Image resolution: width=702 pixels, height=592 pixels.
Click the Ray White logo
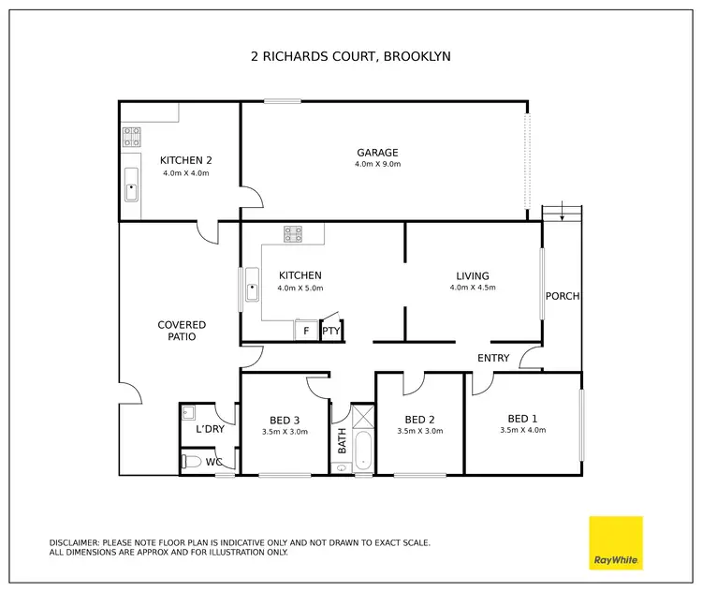616,542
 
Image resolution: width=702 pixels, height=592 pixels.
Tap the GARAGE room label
377,153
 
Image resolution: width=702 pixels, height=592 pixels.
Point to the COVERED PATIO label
182,331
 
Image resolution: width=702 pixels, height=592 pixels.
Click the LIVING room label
473,275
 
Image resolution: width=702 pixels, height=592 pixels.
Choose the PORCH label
563,296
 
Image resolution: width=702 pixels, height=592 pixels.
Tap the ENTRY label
493,358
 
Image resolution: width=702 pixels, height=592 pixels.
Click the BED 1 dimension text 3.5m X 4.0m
522,430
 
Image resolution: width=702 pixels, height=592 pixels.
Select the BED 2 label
419,419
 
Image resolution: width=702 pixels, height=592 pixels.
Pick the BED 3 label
285,419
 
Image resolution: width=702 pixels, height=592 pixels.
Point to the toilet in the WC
191,462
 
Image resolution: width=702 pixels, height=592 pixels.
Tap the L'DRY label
209,429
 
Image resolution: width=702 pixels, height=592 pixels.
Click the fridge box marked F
305,331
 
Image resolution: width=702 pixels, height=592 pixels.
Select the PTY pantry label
330,331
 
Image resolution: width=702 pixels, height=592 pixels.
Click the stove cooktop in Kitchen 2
131,138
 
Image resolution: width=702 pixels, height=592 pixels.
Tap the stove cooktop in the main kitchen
294,234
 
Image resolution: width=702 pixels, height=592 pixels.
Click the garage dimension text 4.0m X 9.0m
377,165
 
